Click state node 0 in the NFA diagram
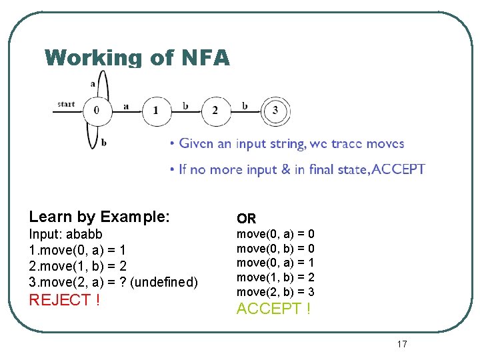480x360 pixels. point(97,110)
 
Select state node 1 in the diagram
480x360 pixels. point(155,110)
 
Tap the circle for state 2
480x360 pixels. point(215,110)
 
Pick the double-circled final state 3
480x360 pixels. point(275,110)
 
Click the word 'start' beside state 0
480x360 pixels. point(66,104)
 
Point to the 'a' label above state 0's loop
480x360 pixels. point(93,83)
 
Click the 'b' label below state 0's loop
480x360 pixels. point(104,142)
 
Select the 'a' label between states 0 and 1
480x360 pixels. point(126,106)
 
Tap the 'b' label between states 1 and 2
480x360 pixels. point(185,105)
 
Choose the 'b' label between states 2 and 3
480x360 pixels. point(245,105)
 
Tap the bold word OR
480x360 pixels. point(246,219)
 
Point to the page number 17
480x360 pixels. point(401,344)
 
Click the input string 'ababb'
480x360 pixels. point(84,235)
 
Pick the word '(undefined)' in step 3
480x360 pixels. point(163,282)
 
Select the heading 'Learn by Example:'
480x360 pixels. point(99,217)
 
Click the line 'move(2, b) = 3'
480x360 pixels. point(275,292)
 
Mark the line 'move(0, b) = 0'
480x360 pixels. point(275,249)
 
